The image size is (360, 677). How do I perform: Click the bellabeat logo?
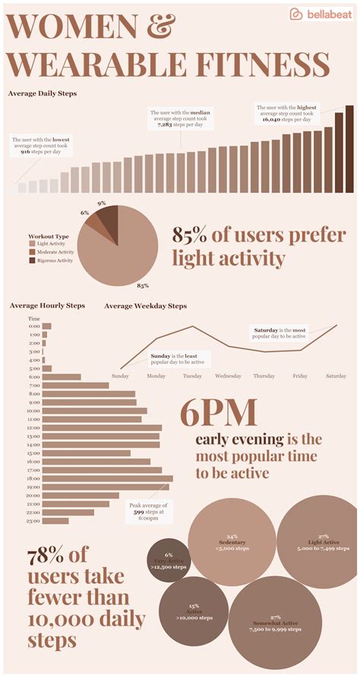coord(321,14)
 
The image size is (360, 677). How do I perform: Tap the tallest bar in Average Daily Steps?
coord(349,149)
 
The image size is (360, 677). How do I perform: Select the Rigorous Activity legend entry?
coord(52,260)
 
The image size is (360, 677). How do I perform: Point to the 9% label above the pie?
coord(101,203)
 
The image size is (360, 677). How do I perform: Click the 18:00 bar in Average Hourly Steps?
coord(107,478)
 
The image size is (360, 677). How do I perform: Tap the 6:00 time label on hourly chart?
coord(34,376)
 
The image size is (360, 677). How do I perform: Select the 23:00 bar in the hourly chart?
coord(55,521)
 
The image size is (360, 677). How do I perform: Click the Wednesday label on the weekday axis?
coord(228,376)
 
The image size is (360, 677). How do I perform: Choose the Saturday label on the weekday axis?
coord(336,376)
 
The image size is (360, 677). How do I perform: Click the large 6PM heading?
coord(218,414)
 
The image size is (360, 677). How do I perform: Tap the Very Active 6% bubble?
coord(168,559)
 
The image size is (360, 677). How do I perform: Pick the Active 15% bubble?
coord(194,612)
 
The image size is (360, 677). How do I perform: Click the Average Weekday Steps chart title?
coord(145,306)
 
